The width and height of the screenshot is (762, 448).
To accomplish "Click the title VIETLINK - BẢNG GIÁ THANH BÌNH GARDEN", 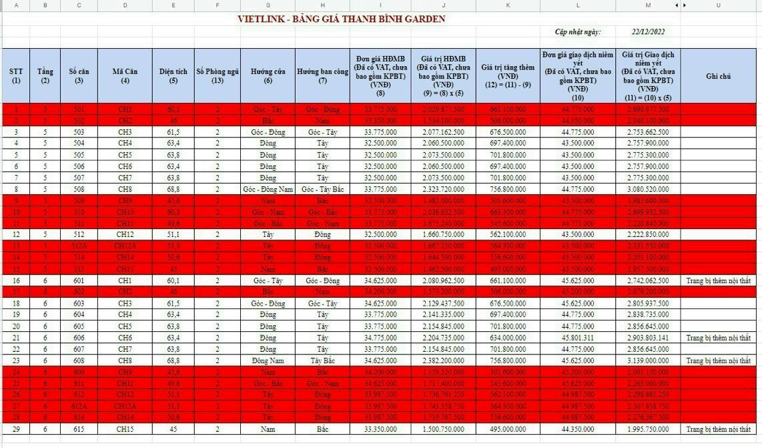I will tap(341, 19).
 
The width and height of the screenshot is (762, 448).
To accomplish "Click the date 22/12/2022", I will tap(648, 31).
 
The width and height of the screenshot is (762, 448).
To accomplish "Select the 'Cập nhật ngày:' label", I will tap(577, 31).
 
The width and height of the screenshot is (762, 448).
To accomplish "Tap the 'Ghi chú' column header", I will tap(718, 76).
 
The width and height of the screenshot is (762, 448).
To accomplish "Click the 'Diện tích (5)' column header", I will tap(173, 76).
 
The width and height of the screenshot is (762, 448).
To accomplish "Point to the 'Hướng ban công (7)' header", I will tap(323, 76).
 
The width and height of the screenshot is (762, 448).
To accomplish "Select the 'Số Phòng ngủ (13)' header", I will tap(218, 76).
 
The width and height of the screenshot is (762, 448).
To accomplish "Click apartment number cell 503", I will tap(79, 132).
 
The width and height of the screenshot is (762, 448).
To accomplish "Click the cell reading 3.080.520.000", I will tap(648, 189).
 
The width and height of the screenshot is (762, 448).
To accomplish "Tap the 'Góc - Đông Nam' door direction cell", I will tap(268, 189).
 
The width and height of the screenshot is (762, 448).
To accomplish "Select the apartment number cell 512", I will tap(79, 234).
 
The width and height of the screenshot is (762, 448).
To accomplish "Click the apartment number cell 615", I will tap(79, 429).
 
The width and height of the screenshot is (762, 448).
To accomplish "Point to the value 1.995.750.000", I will tap(648, 429).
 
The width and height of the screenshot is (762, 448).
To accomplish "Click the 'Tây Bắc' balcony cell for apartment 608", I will tap(323, 361).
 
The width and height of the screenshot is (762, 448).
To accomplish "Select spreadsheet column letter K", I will tap(508, 5).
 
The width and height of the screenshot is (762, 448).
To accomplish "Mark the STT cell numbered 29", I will tap(15, 429).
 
